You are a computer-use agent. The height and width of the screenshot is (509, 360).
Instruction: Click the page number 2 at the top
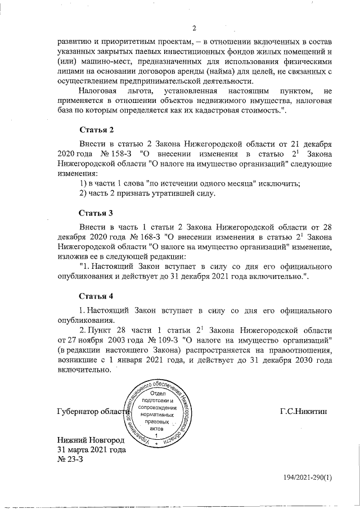193,29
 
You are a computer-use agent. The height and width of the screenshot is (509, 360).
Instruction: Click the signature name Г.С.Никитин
303,412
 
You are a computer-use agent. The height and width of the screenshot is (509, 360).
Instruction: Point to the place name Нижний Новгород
91,439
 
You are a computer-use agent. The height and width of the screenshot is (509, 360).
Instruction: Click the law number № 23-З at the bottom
70,460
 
